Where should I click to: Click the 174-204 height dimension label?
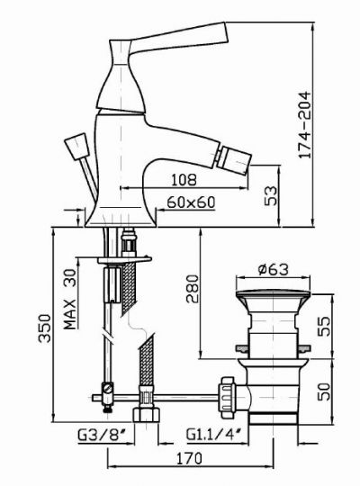(x=304, y=125)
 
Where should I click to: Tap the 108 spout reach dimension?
(x=184, y=179)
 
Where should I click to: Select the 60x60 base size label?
(x=191, y=202)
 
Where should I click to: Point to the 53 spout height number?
(x=271, y=195)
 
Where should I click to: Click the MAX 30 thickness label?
(x=70, y=300)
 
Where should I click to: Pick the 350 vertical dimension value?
(x=45, y=328)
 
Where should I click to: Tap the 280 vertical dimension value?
(x=193, y=289)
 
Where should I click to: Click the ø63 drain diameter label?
(x=274, y=269)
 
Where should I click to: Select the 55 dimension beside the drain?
(x=324, y=326)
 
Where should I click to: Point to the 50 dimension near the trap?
(x=324, y=391)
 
